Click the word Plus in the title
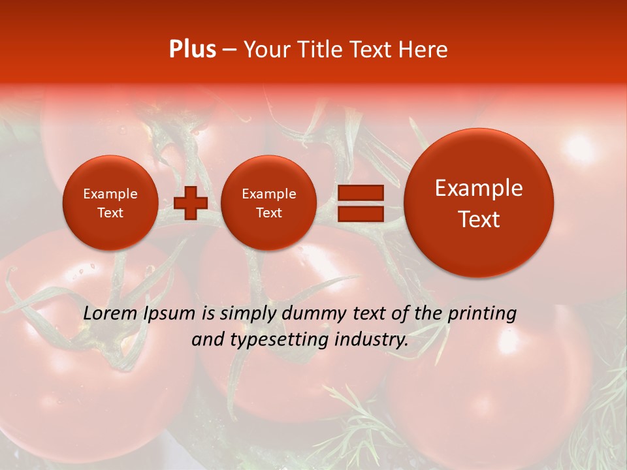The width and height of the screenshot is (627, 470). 192,50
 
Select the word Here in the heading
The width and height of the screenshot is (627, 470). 424,50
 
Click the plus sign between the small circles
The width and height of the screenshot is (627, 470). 191,202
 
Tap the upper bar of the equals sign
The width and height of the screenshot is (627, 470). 360,193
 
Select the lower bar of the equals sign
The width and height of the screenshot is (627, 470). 360,213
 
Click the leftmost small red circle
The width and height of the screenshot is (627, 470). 110,203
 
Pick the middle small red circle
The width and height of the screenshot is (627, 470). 268,203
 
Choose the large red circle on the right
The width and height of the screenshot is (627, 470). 479,203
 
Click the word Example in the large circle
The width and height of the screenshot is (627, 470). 479,188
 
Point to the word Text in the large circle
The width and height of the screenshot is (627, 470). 479,219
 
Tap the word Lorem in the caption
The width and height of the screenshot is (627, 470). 110,313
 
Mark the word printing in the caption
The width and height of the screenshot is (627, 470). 482,314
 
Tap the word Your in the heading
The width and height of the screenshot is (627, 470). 266,50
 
